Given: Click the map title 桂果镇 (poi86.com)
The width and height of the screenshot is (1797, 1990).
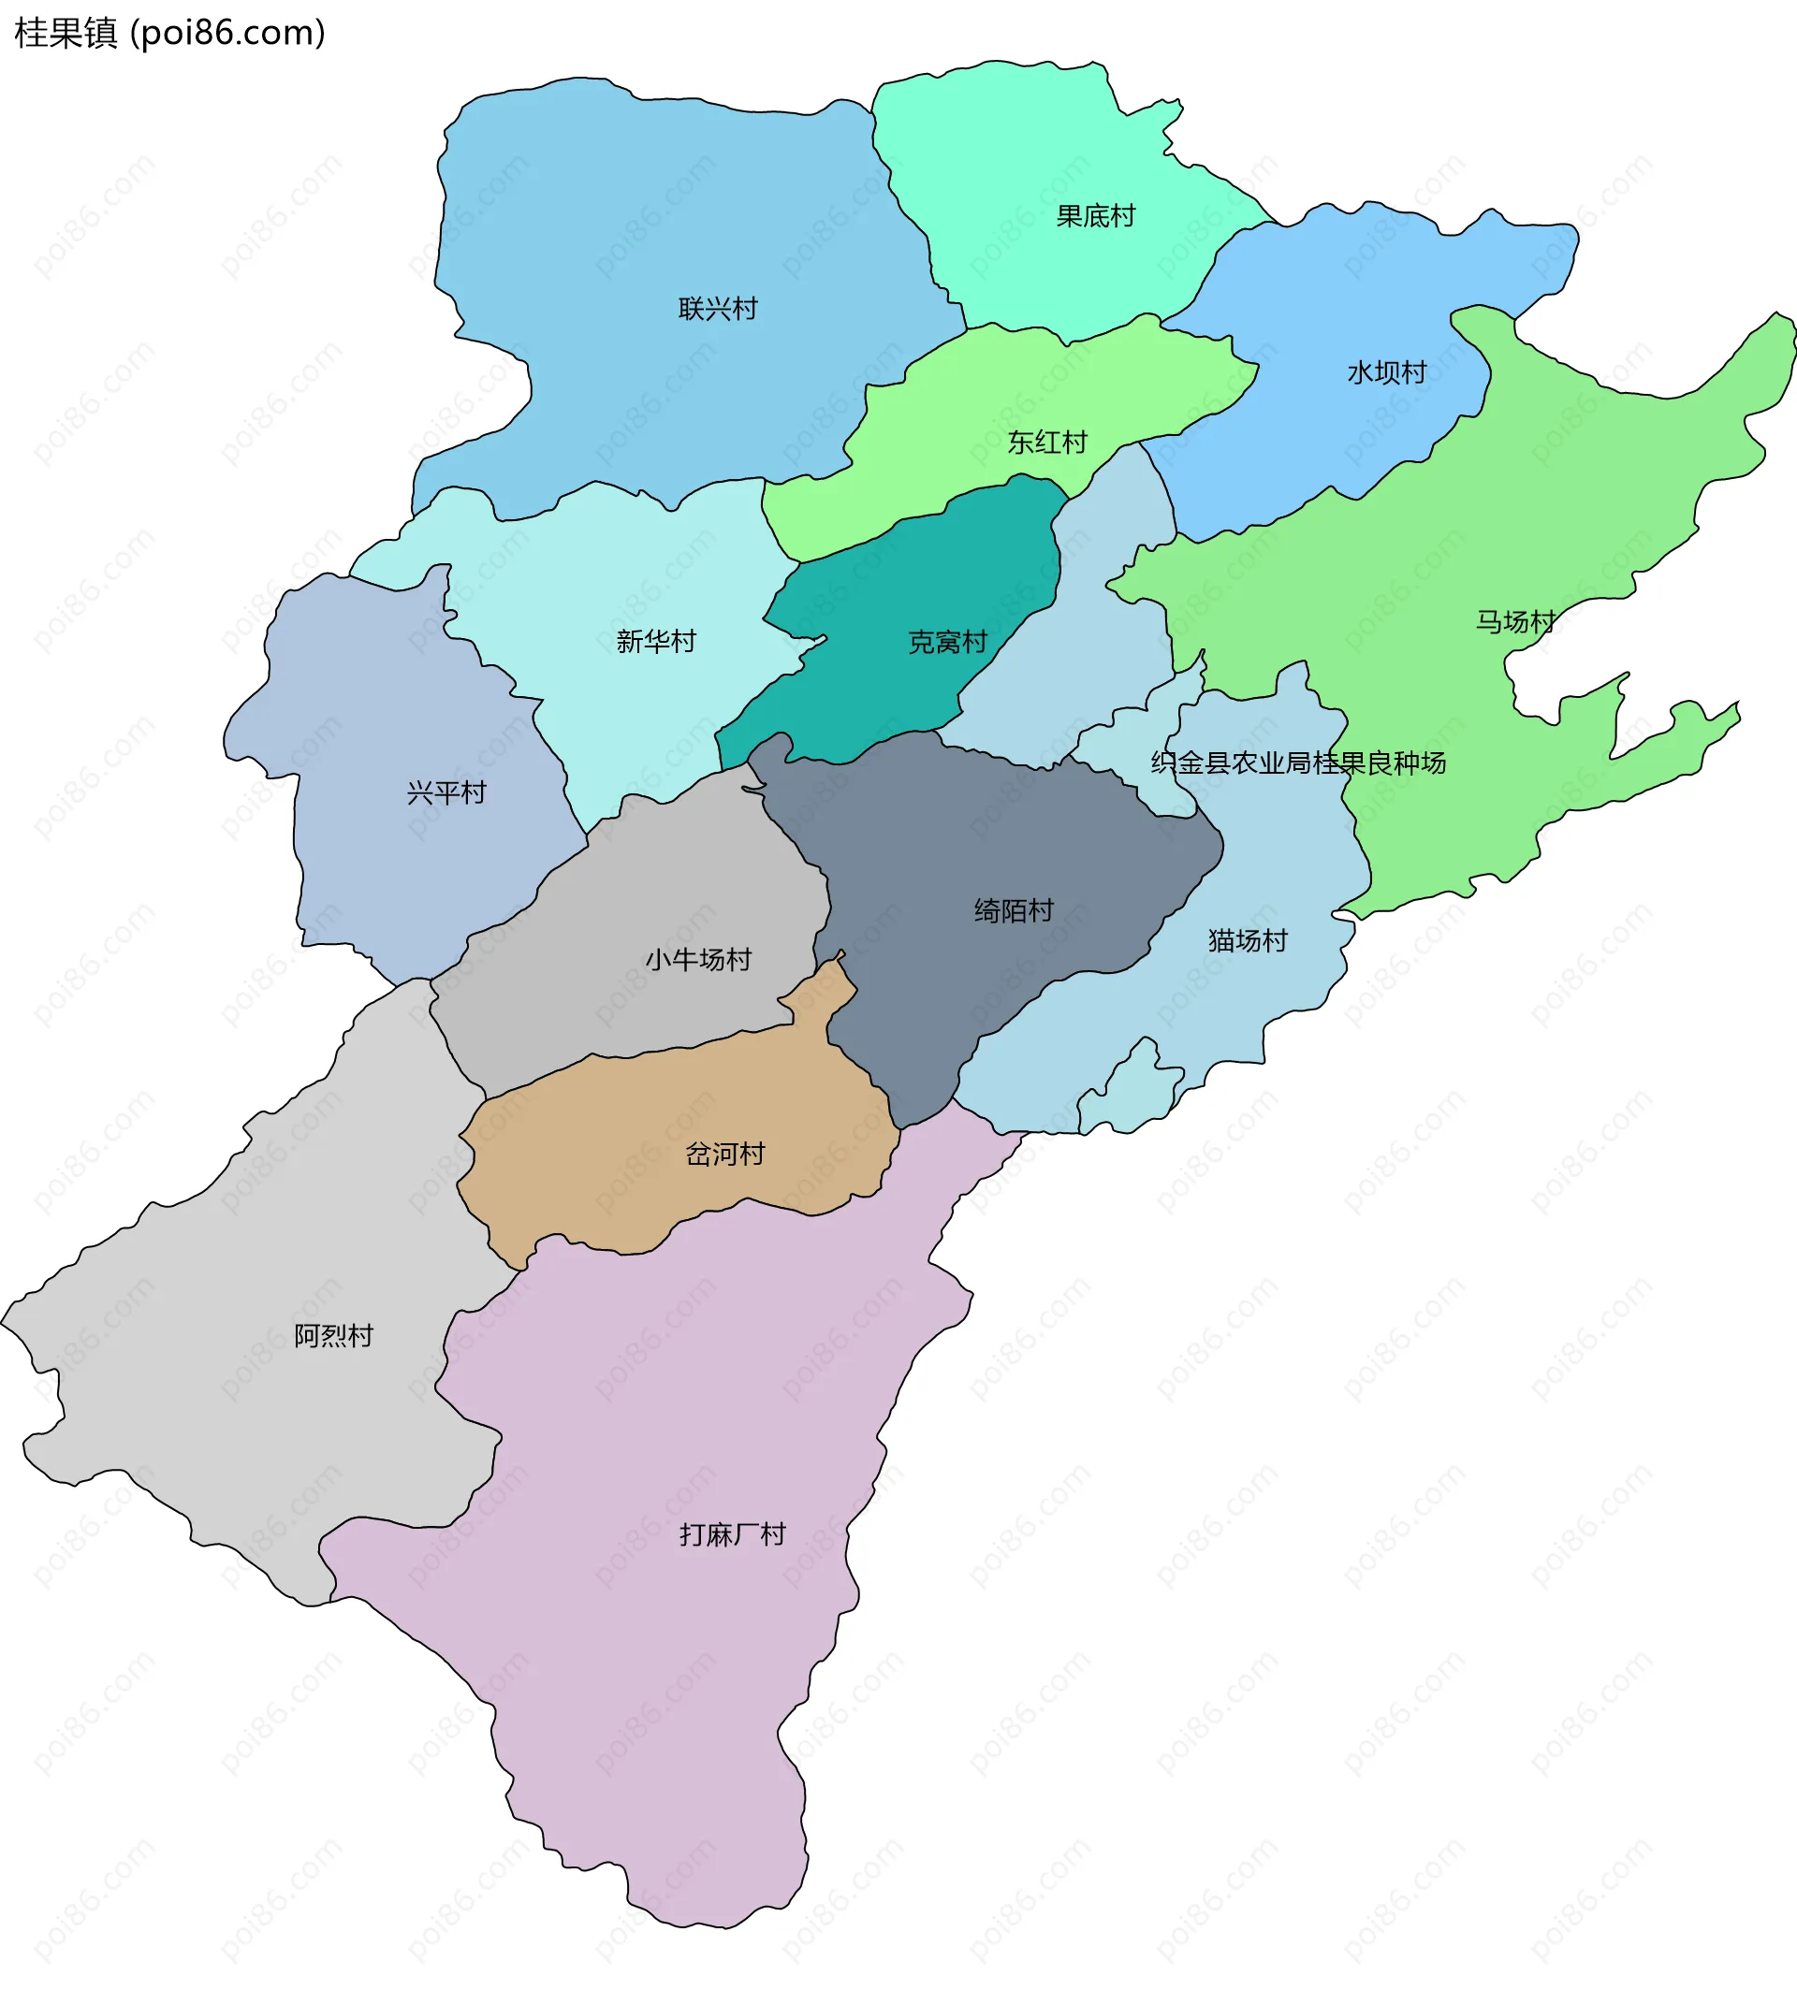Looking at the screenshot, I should [169, 34].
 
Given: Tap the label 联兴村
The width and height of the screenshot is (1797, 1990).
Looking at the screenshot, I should [718, 309].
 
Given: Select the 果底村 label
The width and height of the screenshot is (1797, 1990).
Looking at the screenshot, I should [1096, 216].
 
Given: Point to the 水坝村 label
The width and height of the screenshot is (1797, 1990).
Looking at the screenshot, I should [1387, 372].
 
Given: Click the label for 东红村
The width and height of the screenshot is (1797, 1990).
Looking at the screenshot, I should [1046, 443].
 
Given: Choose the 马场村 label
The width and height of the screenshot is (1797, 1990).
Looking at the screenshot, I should [1515, 622].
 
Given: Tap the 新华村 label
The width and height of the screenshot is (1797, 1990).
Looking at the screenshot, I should [655, 642].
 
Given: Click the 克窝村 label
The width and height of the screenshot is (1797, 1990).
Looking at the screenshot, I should [948, 643].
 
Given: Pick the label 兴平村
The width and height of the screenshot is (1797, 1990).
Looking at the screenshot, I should [446, 792].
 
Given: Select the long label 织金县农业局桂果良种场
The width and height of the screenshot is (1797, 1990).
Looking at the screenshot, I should [1298, 763].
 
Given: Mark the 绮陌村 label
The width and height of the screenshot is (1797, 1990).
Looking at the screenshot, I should [1014, 910].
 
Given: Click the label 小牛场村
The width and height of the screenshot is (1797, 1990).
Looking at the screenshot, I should [698, 960].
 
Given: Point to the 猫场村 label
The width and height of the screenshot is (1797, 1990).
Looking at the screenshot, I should [1248, 940].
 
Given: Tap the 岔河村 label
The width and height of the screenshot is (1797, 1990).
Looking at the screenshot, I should [724, 1154].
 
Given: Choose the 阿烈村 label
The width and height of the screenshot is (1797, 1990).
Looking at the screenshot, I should [334, 1335].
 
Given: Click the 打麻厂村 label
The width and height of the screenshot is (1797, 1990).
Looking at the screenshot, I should [733, 1534].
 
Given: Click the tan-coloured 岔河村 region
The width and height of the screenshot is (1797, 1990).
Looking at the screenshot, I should [632, 1184].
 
